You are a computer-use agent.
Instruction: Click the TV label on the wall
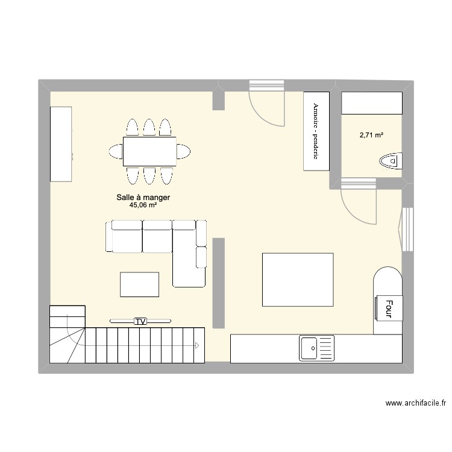tap(140, 321)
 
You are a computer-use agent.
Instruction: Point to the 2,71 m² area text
tap(371, 135)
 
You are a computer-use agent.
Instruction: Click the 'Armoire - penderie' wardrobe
tap(316, 131)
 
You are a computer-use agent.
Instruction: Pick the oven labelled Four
tap(389, 309)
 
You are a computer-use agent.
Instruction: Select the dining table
tap(149, 151)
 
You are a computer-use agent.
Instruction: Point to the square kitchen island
tap(298, 280)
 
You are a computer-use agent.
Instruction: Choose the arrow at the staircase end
tap(196, 345)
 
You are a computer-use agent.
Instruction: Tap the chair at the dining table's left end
tap(115, 151)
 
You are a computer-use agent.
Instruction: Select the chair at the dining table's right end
tap(184, 151)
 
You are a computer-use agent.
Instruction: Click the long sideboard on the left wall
tap(61, 143)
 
